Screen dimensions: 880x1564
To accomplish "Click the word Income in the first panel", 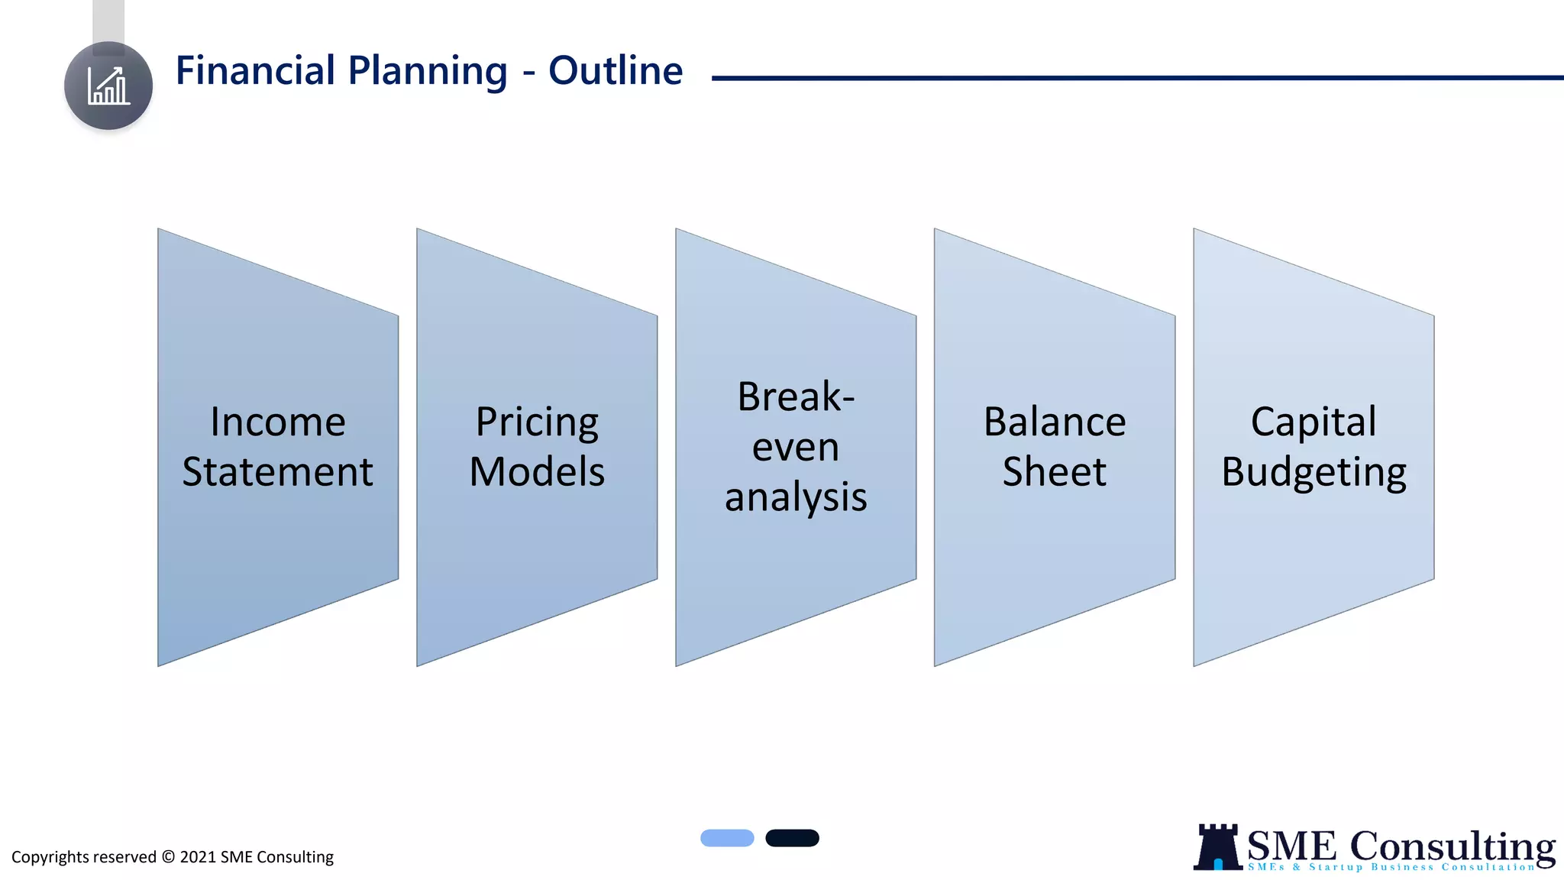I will tap(278, 422).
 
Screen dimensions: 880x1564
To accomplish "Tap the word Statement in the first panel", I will tap(278, 471).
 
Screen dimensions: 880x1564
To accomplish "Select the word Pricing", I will tap(537, 422).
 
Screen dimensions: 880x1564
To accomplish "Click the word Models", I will tap(537, 471).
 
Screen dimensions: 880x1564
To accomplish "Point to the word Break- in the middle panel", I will tap(796, 396).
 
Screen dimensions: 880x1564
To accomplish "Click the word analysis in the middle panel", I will tap(796, 497).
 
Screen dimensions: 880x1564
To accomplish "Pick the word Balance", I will tap(1055, 422).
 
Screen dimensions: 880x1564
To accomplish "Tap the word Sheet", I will tap(1055, 471).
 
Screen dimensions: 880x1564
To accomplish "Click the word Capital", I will tap(1314, 422).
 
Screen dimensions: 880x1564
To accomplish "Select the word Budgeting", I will tap(1314, 472).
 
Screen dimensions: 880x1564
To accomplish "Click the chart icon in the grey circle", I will tap(108, 86).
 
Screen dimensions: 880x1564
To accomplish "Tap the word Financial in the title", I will tap(256, 70).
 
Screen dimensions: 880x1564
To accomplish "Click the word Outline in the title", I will tap(616, 70).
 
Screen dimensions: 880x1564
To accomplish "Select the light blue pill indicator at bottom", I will tap(727, 838).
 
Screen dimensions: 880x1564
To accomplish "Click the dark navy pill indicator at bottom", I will tap(792, 838).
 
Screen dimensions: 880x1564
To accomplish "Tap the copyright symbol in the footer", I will tap(168, 857).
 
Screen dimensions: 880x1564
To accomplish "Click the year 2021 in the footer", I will tap(198, 857).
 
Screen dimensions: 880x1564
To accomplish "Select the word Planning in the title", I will tap(428, 71).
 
